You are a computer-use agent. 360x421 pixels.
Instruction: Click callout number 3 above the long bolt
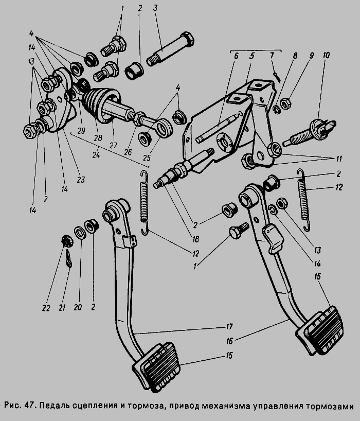tap(155, 8)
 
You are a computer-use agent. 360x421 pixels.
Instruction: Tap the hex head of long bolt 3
tap(187, 39)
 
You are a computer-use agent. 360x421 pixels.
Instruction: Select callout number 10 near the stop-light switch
tap(326, 55)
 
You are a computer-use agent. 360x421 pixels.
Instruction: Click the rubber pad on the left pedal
tap(156, 367)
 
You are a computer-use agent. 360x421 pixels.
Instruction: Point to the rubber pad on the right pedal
tap(320, 330)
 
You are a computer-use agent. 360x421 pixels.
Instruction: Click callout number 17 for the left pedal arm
tap(229, 326)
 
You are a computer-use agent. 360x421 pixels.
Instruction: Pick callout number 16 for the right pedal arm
tap(229, 341)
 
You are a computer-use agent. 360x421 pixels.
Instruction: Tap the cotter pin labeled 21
tap(68, 258)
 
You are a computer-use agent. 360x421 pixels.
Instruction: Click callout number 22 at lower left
tap(46, 308)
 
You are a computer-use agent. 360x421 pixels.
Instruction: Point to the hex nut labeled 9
tap(285, 103)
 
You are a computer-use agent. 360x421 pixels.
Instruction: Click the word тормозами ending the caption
tap(330, 407)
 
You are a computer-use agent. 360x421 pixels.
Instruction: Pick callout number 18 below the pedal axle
tap(195, 239)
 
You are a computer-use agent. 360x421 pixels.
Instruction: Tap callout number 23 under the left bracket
tap(81, 179)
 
